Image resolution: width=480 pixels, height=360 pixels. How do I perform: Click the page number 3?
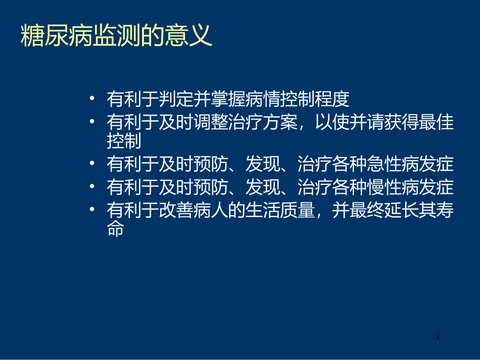437,337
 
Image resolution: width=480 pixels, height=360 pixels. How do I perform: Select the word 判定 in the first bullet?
176,99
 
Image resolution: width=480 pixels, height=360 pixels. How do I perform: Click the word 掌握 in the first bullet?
228,99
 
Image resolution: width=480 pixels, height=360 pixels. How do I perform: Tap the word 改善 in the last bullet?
176,212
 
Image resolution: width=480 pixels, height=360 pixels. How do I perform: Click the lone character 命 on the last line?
115,230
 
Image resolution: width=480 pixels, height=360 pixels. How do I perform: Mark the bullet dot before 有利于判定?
91,98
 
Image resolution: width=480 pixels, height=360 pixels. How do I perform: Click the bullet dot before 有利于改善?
91,211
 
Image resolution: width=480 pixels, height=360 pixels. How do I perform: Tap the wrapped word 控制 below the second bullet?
124,142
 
